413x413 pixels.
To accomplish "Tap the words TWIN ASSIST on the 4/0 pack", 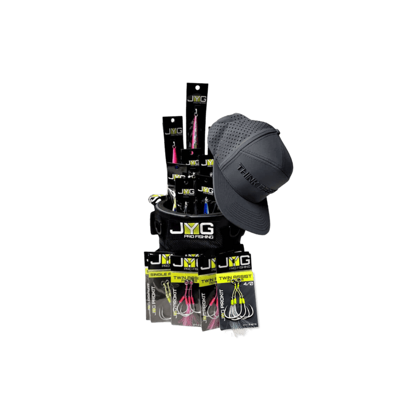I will (235, 276).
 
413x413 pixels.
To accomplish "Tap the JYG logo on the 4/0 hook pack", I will (235, 262).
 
